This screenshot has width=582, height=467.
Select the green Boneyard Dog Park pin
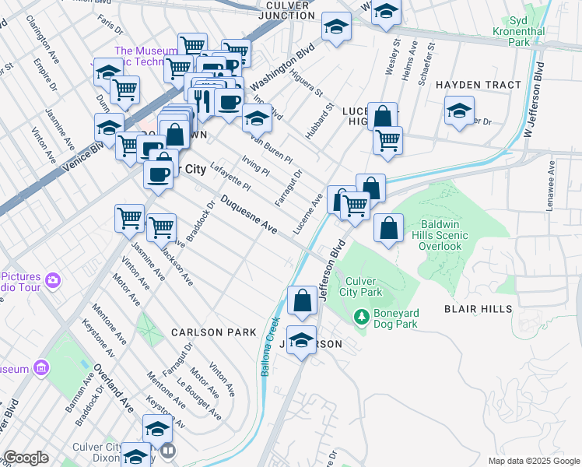[361, 317]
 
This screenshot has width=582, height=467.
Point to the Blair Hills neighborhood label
[478, 309]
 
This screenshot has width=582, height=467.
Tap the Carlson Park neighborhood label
[214, 332]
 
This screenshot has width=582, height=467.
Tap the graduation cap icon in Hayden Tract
[460, 110]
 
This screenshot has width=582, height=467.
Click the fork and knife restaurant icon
[202, 100]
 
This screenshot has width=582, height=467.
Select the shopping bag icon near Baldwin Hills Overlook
[388, 228]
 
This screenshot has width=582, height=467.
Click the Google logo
[26, 458]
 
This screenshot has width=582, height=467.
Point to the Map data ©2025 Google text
[534, 461]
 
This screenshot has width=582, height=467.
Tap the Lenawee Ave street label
[551, 177]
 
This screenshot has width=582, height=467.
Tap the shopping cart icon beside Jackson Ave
[161, 227]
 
